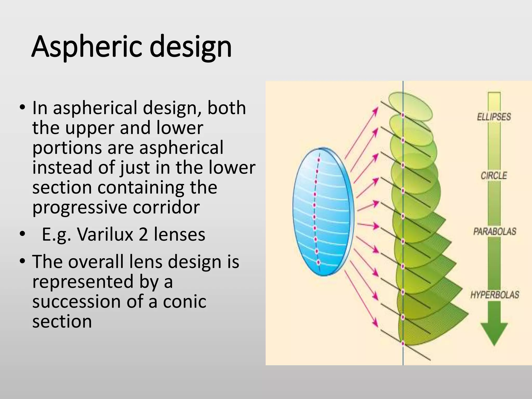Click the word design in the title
[191, 47]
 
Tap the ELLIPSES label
[494, 117]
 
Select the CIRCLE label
[494, 176]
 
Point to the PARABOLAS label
[495, 231]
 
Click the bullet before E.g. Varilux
[22, 234]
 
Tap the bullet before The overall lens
[22, 261]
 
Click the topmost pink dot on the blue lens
[319, 160]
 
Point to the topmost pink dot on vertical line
[403, 115]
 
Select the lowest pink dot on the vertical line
[403, 343]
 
